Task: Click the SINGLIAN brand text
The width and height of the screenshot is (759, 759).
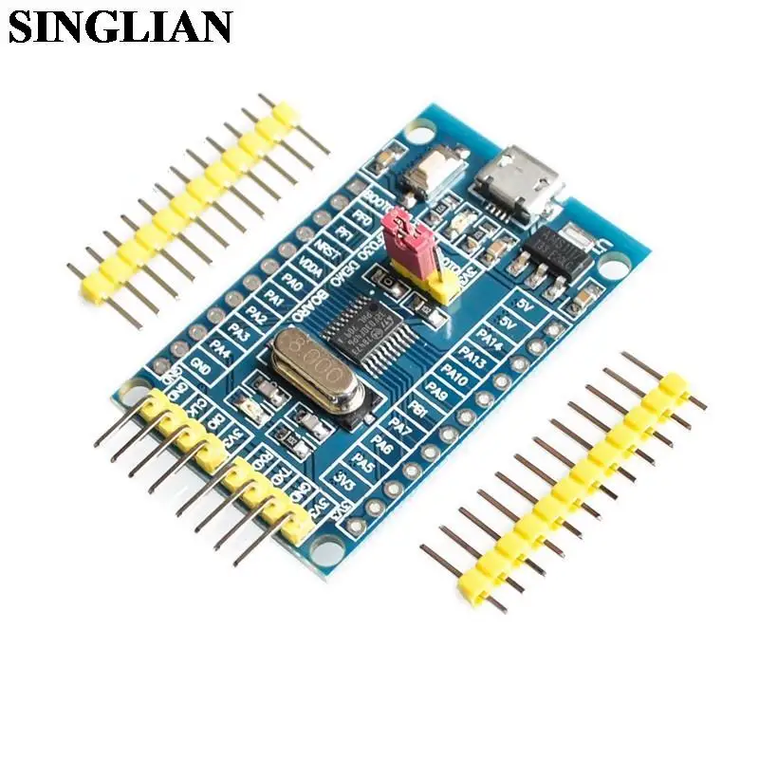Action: tap(120, 26)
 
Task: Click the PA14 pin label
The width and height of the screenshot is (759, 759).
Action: tap(491, 338)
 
